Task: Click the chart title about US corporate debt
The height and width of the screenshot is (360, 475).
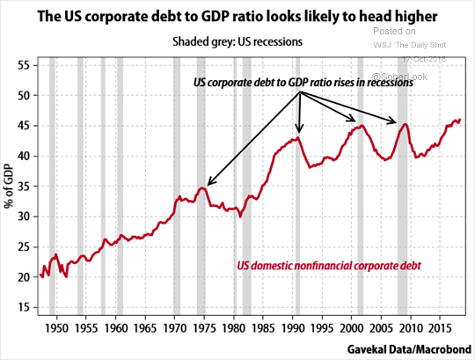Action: pos(237,15)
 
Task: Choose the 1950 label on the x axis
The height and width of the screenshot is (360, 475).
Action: pos(55,326)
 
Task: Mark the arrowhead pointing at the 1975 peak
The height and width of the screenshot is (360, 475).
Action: pos(208,184)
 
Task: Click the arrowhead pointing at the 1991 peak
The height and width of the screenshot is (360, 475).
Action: pos(300,132)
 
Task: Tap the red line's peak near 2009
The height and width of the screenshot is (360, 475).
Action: pos(405,124)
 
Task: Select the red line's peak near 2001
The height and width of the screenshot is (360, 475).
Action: pos(360,126)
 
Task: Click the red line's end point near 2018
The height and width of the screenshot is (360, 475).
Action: pos(460,120)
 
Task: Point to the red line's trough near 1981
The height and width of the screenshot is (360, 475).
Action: pos(241,216)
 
